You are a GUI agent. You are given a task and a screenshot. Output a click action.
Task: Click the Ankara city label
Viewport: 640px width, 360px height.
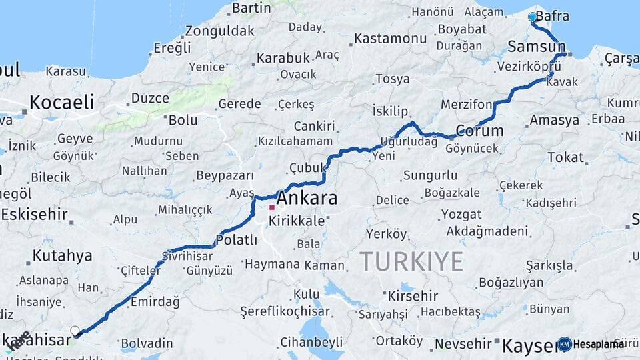coord(307,198)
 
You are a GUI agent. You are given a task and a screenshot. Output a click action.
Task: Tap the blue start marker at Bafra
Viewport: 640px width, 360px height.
coord(532,17)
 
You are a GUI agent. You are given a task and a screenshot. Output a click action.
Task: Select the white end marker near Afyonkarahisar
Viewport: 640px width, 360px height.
coord(75,331)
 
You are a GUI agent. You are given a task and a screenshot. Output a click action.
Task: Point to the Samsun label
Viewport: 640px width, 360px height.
coord(536,46)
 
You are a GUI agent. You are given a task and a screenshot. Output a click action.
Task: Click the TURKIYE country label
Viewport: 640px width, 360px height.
coord(411,261)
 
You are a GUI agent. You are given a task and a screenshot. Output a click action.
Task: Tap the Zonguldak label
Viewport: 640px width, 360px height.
coord(219,31)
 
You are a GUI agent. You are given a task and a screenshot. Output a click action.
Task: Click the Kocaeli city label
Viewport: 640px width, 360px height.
coord(61,102)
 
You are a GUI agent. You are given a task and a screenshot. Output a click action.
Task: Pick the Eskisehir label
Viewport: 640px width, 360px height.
coord(34,215)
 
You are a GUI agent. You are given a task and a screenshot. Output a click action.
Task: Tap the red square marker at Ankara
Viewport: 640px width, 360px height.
coord(272,208)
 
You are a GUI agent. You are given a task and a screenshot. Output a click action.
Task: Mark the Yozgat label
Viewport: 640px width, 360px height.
coord(461,215)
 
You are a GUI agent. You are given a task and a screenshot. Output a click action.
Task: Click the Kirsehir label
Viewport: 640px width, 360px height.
coord(413,295)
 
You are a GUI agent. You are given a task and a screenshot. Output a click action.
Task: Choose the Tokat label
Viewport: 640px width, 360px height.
coord(565,157)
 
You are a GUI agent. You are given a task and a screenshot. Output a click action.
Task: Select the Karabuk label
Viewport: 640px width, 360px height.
coord(283,57)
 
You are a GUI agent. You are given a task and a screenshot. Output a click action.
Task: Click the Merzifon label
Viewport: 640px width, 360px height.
coord(466,105)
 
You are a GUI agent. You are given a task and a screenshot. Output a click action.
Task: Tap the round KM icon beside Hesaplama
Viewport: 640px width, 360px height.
coord(565,344)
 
